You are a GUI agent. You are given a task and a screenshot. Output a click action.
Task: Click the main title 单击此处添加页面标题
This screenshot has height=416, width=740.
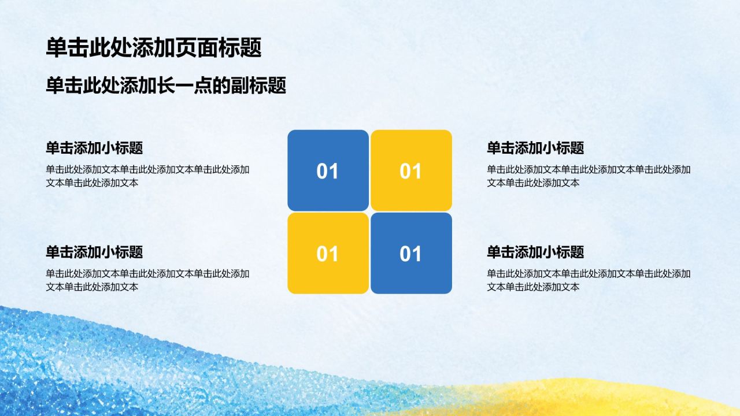click(x=154, y=47)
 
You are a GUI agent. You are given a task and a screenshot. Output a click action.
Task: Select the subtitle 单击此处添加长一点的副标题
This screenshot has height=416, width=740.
click(x=166, y=86)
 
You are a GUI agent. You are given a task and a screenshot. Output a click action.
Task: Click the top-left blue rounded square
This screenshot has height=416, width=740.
click(x=328, y=170)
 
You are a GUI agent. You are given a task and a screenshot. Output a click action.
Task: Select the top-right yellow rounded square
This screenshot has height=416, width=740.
click(x=411, y=170)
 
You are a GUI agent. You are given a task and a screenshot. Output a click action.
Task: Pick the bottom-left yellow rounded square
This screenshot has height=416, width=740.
click(x=328, y=253)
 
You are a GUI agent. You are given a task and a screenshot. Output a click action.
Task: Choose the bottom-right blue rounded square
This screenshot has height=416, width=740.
click(x=411, y=253)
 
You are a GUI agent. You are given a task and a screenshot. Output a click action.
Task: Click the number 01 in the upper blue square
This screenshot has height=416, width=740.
click(x=327, y=171)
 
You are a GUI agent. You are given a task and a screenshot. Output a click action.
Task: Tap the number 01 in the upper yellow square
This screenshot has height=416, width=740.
click(x=410, y=171)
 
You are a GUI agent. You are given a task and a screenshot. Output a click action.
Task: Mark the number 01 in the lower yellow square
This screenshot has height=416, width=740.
click(x=327, y=254)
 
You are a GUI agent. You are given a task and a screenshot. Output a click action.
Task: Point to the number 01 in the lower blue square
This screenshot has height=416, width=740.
click(x=410, y=254)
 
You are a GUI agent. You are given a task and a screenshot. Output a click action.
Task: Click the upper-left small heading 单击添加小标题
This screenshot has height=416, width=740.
click(x=94, y=148)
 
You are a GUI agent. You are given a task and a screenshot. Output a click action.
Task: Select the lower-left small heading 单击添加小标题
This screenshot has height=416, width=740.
click(x=94, y=252)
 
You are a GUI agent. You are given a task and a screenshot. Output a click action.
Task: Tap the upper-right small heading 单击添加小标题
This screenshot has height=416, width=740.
click(x=535, y=148)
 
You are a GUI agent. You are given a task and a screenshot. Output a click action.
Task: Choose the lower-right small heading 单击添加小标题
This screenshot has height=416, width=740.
click(x=535, y=252)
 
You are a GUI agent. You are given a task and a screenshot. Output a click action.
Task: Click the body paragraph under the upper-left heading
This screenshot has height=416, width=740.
click(x=147, y=176)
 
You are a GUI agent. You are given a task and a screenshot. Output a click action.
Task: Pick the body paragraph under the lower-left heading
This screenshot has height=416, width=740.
click(x=147, y=280)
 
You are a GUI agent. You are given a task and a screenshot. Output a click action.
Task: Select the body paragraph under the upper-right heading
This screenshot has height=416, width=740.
click(x=589, y=176)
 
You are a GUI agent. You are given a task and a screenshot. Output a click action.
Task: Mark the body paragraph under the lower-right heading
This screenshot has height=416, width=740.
click(x=589, y=280)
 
